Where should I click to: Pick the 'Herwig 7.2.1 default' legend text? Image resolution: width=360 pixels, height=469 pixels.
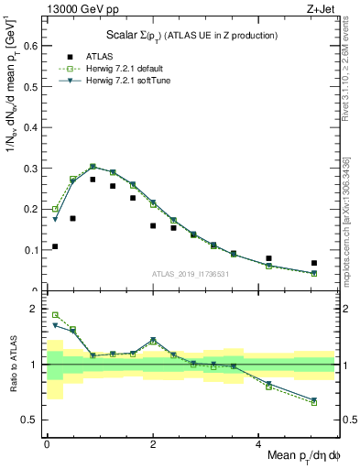pos(124,69)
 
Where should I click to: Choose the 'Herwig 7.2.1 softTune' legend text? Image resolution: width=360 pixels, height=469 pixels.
pos(125,82)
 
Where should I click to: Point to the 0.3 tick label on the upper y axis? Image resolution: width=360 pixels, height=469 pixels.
pos(28,169)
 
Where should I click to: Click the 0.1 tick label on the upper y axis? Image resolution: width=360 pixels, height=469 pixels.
pos(28,249)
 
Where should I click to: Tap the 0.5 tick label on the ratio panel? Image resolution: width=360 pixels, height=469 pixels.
pos(28,420)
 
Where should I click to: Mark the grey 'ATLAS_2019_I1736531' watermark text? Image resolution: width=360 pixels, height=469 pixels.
pos(191,273)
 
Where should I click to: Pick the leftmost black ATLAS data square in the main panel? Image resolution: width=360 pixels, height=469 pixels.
pos(55,246)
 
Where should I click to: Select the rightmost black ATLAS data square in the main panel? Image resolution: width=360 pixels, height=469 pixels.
pos(314,263)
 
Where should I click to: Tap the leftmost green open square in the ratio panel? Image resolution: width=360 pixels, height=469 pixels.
pos(55,315)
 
